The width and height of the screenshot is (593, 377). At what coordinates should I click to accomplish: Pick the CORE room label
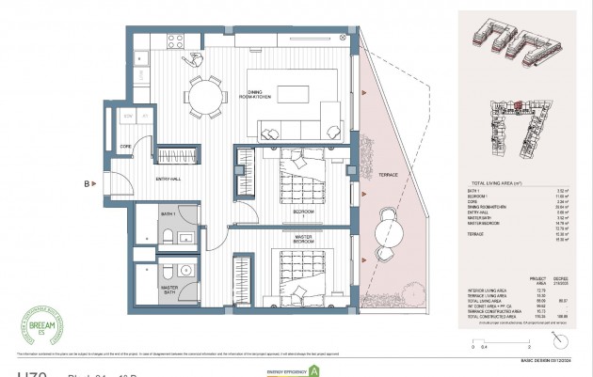[124, 147]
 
